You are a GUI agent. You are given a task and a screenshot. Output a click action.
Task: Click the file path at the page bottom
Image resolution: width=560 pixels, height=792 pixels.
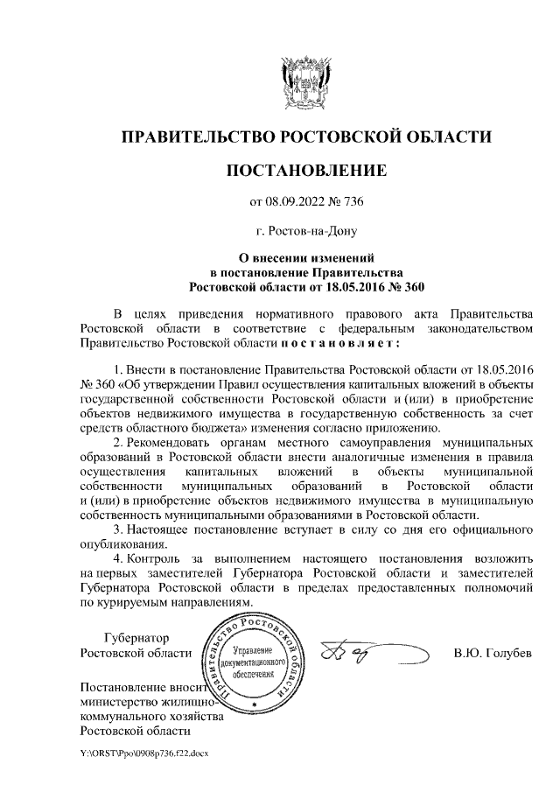[140, 753]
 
